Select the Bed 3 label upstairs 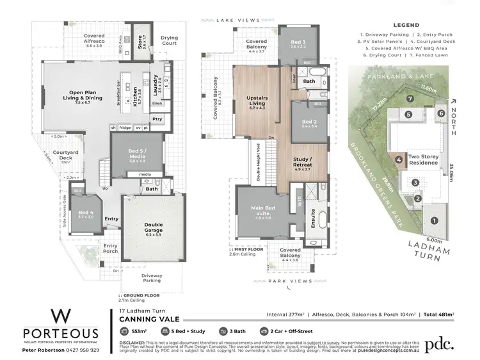click(298, 43)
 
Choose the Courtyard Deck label click(65, 156)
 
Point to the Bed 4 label click(86, 214)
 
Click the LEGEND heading click(405, 24)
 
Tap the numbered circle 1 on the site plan click(435, 221)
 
